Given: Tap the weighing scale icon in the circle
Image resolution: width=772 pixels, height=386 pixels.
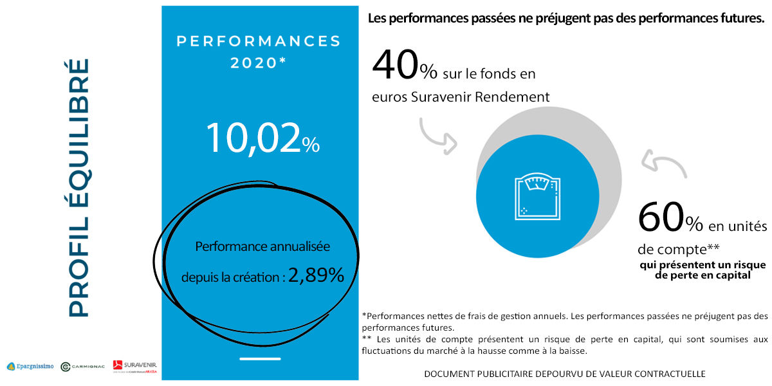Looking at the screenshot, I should coord(535,197).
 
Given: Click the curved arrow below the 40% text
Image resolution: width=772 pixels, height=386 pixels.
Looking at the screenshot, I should coord(437,136).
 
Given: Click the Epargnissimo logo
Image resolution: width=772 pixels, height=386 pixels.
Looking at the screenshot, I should coord(30,367).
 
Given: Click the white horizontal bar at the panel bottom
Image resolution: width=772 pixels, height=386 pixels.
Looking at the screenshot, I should coord(259,358).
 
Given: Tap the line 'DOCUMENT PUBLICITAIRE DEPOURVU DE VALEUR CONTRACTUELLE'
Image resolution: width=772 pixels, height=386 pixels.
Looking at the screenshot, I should coord(565,374).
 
